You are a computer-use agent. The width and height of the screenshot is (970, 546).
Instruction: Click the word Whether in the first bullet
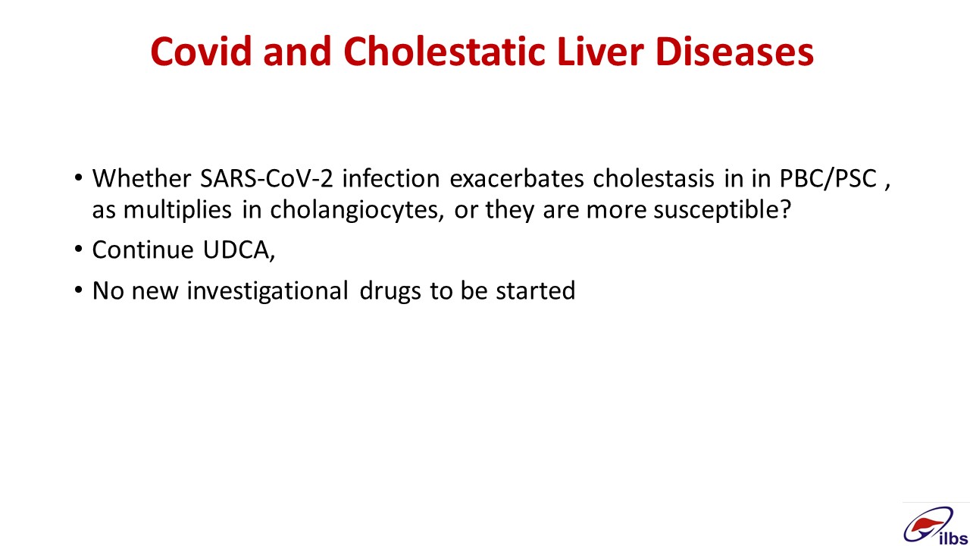coord(142,178)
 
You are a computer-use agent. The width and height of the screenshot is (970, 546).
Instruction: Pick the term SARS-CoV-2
coord(266,178)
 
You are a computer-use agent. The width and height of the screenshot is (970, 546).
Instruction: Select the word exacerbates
coord(517,178)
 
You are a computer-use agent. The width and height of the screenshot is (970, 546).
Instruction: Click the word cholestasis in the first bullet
coord(653,178)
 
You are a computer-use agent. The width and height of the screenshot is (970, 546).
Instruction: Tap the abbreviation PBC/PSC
coord(828,178)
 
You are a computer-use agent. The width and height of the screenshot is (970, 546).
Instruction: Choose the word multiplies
coord(177,210)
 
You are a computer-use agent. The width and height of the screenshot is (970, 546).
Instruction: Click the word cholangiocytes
coord(357,210)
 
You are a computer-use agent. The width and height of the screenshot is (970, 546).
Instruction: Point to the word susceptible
coord(722,210)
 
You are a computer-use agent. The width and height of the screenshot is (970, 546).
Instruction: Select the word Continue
coord(143,250)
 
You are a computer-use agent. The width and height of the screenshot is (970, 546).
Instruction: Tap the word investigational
coord(268,290)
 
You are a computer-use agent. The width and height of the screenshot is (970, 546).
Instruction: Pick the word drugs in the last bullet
coord(390,290)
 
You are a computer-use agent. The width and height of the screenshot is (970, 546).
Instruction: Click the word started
coord(536,290)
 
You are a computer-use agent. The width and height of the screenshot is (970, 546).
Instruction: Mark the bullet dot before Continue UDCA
coord(78,249)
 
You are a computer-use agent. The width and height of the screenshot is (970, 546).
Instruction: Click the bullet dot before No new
coord(78,289)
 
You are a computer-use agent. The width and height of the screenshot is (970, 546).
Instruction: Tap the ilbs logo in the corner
coord(935,526)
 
